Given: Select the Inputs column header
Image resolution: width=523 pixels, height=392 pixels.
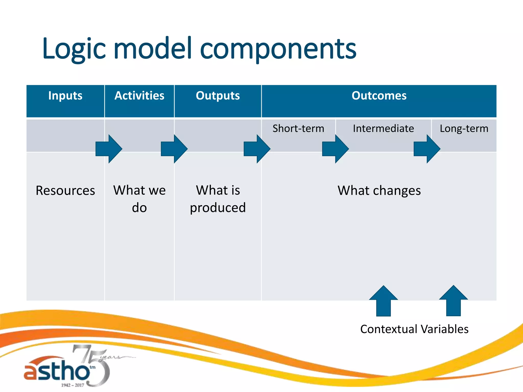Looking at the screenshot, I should [x=65, y=96].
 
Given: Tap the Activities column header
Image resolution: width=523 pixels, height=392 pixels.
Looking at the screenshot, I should [x=139, y=96].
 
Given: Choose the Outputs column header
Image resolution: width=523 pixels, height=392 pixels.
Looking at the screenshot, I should [x=218, y=96].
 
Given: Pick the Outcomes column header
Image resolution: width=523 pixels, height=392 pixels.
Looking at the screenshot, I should [x=379, y=96].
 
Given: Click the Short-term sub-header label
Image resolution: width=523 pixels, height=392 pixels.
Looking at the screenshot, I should [x=298, y=128].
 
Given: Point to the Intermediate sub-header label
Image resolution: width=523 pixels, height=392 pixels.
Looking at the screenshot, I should [x=383, y=128].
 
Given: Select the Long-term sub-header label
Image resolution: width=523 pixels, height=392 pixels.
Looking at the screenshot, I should [x=464, y=129].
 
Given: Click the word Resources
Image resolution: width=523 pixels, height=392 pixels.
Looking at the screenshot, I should [x=65, y=191].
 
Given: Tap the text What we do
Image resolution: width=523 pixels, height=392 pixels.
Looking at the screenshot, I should [x=139, y=199].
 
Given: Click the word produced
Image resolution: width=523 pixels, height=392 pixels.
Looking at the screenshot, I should [x=218, y=208].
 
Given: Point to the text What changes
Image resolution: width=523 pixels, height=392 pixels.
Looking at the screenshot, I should [x=379, y=191].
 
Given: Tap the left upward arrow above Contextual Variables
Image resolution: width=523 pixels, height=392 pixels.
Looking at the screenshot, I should [x=383, y=301].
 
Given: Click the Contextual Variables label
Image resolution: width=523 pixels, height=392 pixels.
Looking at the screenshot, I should [x=414, y=329].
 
